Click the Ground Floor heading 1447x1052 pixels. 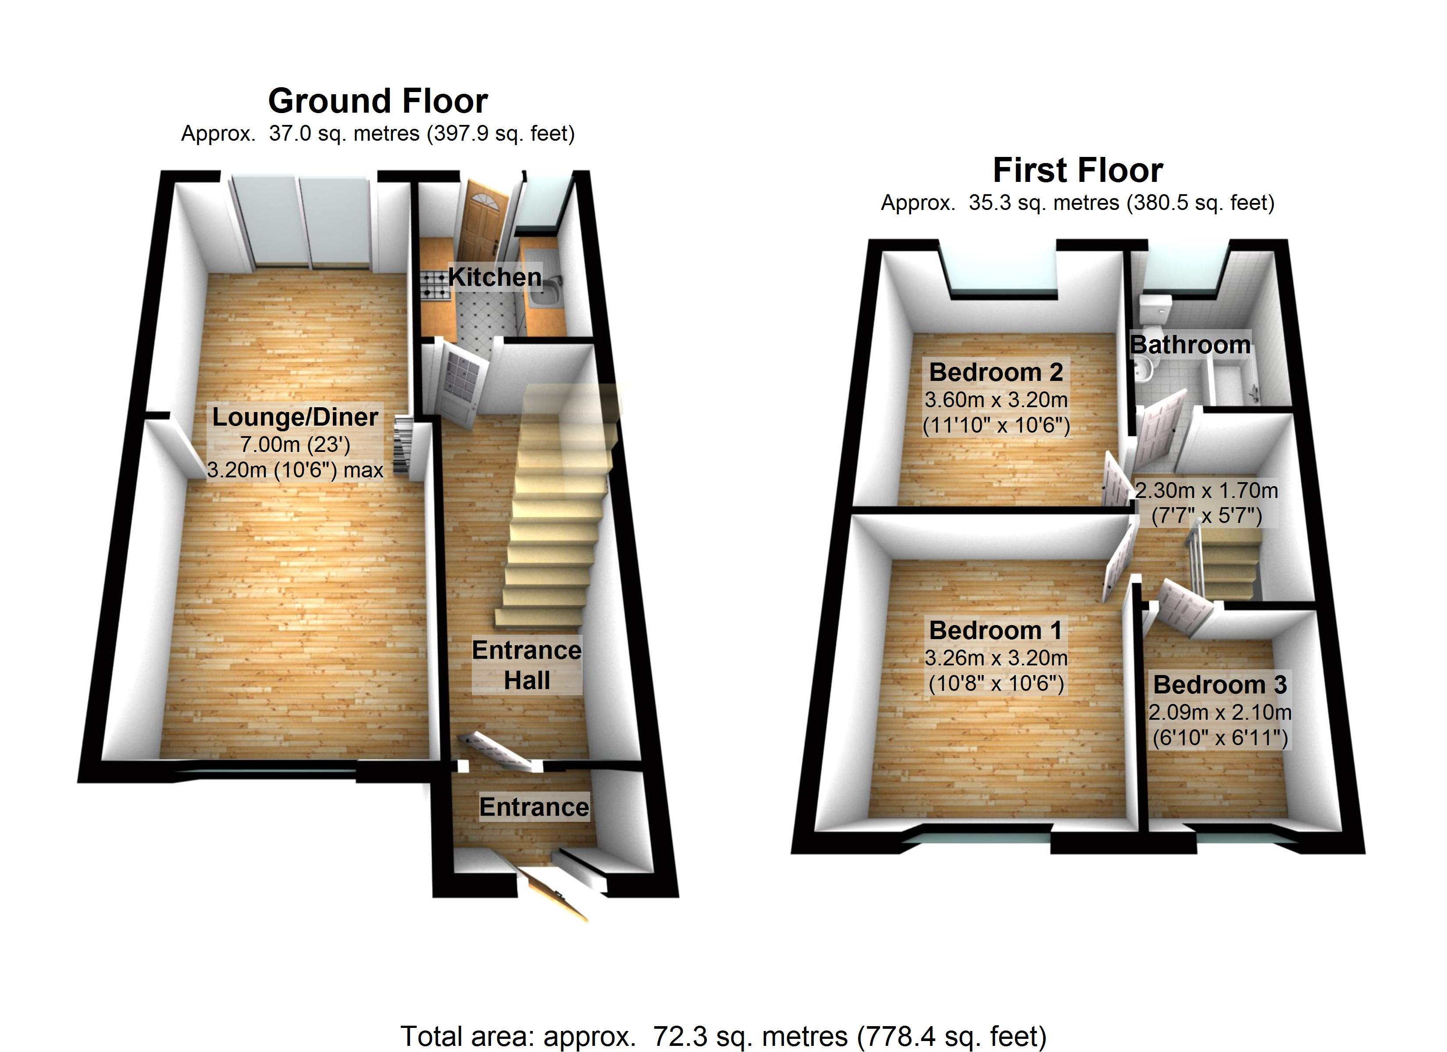[x=378, y=101]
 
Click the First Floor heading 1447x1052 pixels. [x=1078, y=171]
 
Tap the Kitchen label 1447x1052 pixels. [x=495, y=277]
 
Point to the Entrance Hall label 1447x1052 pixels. [x=526, y=665]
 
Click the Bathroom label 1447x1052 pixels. [x=1190, y=345]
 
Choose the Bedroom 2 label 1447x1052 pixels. [x=996, y=372]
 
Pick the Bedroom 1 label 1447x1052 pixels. [x=996, y=630]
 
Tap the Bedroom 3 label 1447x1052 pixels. [x=1220, y=685]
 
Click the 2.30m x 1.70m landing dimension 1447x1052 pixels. [x=1206, y=490]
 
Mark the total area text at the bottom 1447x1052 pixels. [x=723, y=1036]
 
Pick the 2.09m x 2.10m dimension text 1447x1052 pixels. [x=1220, y=712]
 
